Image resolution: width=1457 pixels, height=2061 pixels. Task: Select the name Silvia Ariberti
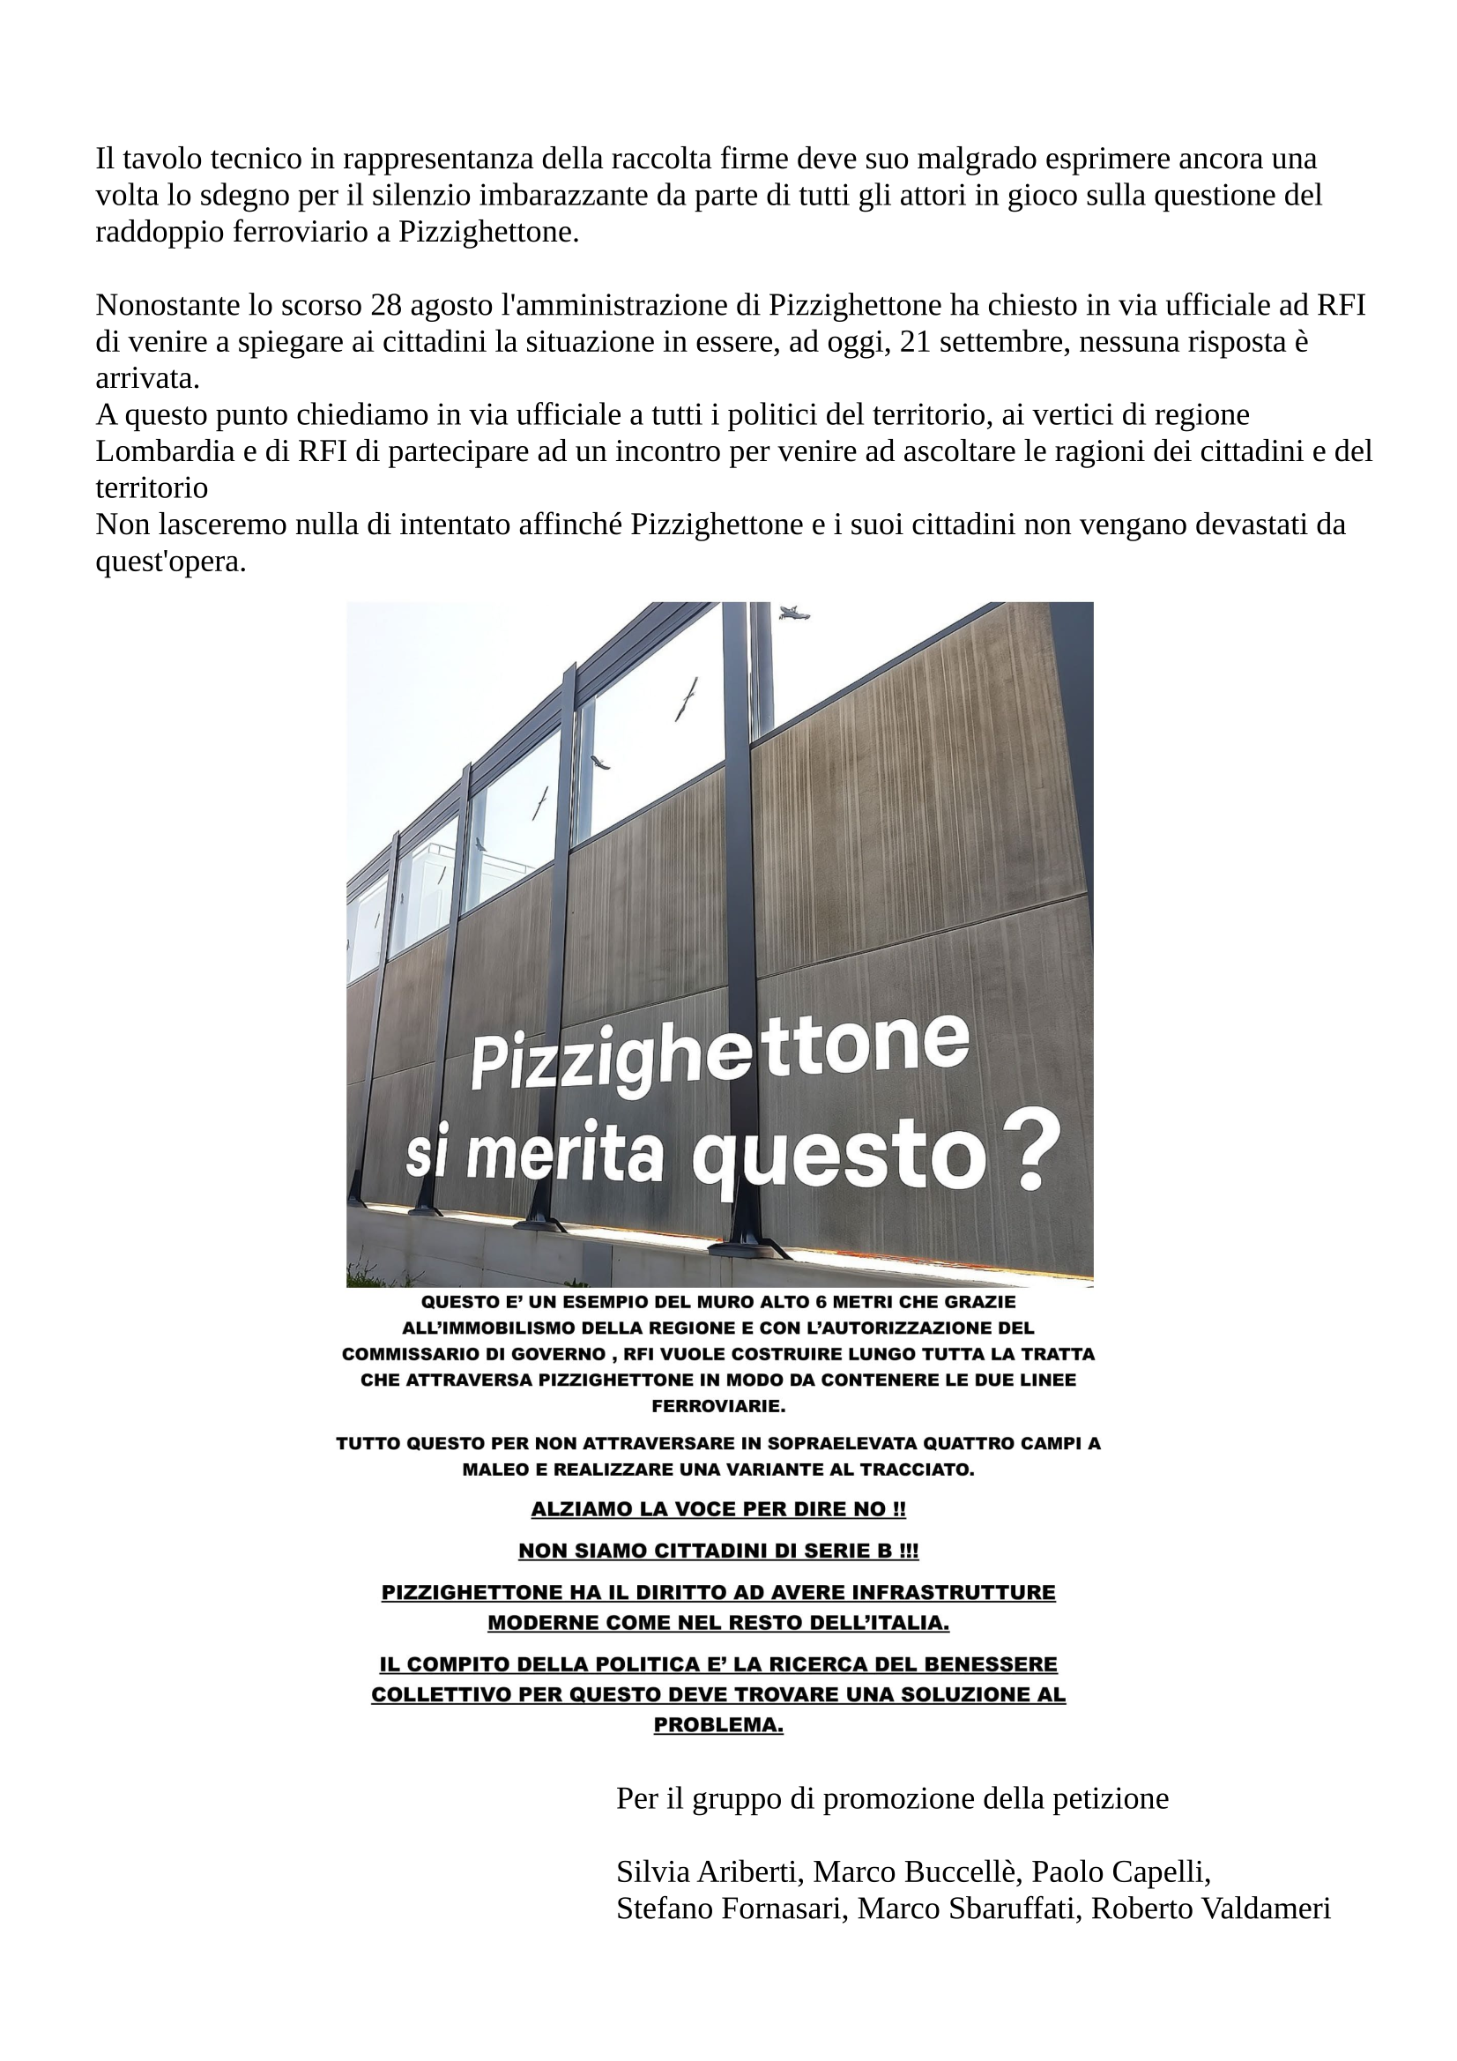(713, 1871)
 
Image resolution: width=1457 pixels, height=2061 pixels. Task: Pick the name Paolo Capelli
(1120, 1871)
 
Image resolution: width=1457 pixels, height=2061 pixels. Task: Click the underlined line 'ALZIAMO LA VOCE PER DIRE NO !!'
(718, 1509)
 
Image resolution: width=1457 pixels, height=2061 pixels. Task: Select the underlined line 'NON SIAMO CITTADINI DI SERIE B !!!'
(718, 1551)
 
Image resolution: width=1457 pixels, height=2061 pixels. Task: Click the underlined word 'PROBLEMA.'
(718, 1725)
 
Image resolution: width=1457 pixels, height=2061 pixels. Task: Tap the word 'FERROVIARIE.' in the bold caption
(718, 1406)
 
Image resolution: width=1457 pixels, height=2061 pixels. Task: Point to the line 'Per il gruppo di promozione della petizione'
(891, 1799)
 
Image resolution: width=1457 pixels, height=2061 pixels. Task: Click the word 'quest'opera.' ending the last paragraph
(171, 562)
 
